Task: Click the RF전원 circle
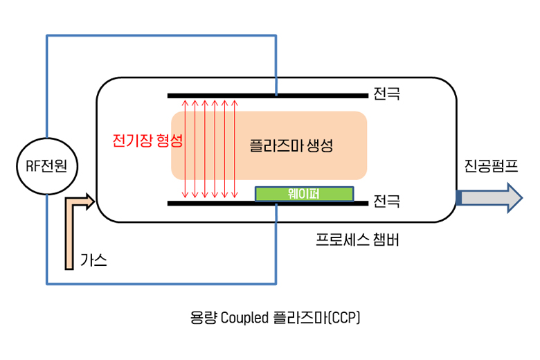(46, 165)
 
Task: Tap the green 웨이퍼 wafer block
(305, 193)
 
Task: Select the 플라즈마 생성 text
(291, 146)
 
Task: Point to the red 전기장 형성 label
(147, 141)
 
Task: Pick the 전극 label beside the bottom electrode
(386, 201)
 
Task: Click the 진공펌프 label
(491, 167)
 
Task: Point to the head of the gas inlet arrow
(91, 202)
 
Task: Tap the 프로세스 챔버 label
(357, 240)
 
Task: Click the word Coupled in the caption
(244, 318)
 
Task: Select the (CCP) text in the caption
(344, 318)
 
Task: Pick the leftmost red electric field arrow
(185, 149)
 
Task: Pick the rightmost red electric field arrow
(235, 149)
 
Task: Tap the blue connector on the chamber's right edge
(458, 197)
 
